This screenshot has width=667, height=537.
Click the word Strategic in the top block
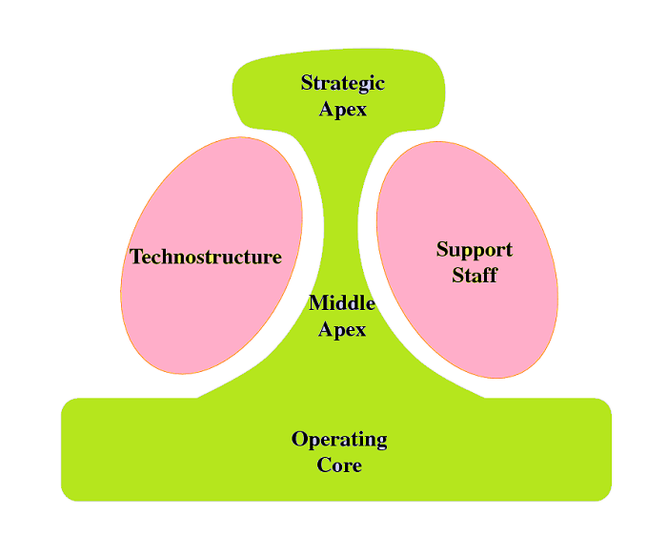coord(343,83)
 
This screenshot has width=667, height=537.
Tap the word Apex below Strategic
coord(343,109)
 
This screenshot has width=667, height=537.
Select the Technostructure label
coord(206,258)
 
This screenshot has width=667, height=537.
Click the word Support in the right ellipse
coord(475,250)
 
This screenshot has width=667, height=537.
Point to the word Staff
coord(475,276)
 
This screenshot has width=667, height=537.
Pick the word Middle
coord(342,304)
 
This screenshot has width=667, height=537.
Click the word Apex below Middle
coord(342,330)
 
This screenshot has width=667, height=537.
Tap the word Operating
coord(339,440)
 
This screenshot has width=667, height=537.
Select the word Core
coord(339,465)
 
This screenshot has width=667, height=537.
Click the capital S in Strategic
coord(307,83)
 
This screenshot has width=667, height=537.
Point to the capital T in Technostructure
coord(136,258)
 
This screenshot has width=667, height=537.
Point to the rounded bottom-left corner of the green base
coord(68,493)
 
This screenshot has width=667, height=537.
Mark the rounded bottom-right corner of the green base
coord(604,493)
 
